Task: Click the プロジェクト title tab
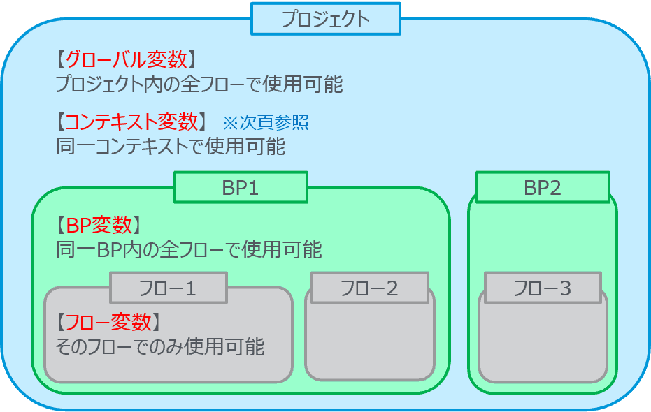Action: tap(326, 20)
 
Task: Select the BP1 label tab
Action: tap(241, 188)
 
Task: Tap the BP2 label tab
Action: tap(542, 188)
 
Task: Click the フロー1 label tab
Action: tap(168, 288)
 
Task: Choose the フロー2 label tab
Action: tap(369, 288)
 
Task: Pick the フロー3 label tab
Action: tap(542, 288)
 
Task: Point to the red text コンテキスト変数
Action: tap(131, 122)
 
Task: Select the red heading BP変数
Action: tap(99, 225)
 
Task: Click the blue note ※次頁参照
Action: tap(266, 123)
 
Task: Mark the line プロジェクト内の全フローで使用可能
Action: tap(199, 84)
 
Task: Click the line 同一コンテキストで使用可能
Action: tap(171, 147)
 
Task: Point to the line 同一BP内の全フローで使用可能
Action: tap(189, 249)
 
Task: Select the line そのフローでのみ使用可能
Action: tap(160, 346)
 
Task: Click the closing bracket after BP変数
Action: tap(138, 225)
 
